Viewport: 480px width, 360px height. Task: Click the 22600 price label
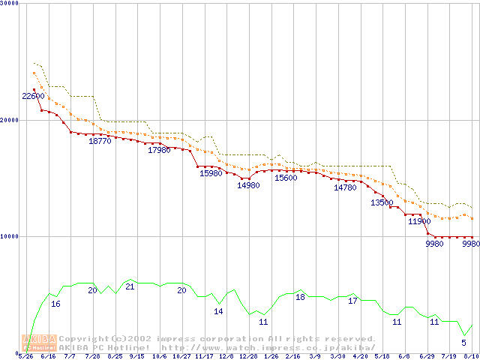(33, 97)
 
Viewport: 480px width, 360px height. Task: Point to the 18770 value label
(100, 141)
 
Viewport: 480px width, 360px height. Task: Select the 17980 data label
(160, 151)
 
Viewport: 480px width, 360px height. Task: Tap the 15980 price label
(211, 174)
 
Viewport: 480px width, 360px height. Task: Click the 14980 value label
(248, 186)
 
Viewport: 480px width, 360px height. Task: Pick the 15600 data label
(286, 178)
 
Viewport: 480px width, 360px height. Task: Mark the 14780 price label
(345, 188)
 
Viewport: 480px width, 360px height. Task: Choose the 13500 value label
(382, 203)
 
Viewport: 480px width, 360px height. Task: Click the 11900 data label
(419, 222)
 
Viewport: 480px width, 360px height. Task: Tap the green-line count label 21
(130, 287)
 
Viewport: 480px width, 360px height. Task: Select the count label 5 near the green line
(463, 343)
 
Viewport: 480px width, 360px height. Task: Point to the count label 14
(218, 311)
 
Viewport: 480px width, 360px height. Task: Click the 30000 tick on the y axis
(10, 4)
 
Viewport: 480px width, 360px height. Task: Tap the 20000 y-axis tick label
(10, 120)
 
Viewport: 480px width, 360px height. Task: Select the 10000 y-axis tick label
(10, 236)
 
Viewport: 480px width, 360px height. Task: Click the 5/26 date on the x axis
(25, 357)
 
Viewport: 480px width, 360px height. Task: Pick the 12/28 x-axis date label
(248, 357)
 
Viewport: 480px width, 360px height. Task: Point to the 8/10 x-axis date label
(471, 357)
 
